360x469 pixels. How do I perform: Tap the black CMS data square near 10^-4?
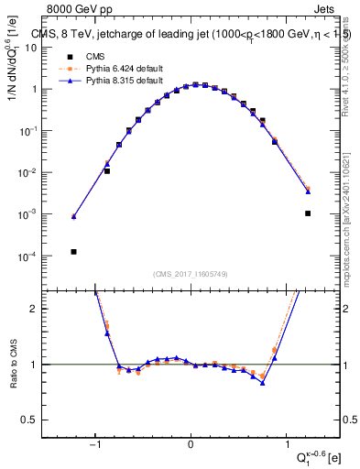(73, 252)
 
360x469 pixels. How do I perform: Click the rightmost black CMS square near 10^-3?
(308, 213)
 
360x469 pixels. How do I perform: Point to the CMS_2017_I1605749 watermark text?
(191, 274)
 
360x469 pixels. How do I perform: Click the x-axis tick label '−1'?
(95, 446)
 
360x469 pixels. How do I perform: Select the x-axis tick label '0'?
(191, 446)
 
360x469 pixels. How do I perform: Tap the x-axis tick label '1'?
(286, 446)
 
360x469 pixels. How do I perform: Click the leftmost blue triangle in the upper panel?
(73, 216)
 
